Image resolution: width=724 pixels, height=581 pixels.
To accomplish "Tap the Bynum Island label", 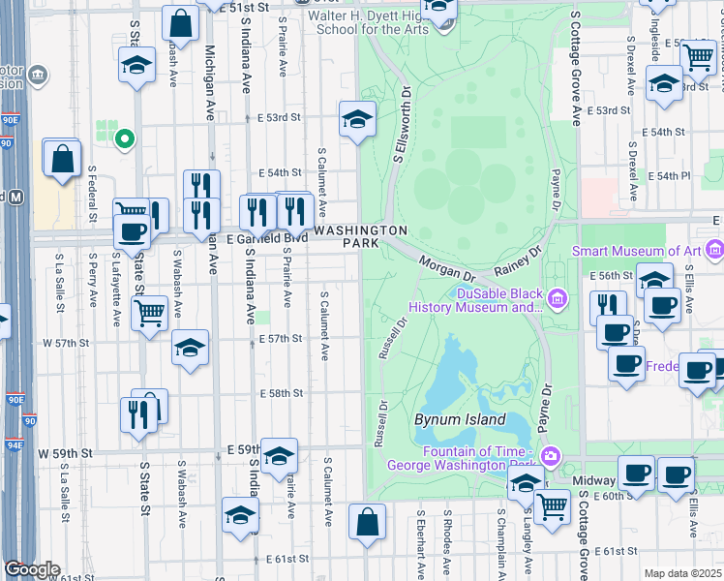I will [460, 419].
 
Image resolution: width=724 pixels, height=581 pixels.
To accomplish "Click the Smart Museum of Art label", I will [635, 251].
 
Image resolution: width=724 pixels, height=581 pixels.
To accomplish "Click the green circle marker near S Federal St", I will [123, 139].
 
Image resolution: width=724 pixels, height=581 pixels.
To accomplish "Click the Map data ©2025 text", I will [682, 573].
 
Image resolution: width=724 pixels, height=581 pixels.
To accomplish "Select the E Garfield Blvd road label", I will [268, 237].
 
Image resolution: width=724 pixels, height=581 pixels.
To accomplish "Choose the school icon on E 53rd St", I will [357, 120].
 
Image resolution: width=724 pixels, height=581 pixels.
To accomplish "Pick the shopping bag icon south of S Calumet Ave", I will [367, 522].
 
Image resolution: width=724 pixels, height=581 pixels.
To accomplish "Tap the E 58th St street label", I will [283, 393].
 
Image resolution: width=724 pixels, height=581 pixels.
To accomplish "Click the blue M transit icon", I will [15, 197].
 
